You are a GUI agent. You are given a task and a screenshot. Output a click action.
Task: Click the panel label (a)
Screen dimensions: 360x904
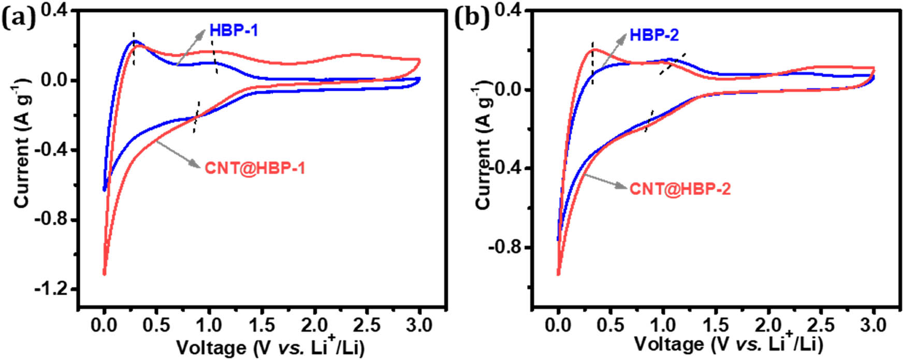coord(18,19)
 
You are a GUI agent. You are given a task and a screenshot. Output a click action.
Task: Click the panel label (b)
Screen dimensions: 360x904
coord(471,19)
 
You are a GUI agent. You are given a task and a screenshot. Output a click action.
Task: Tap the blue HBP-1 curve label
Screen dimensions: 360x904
coord(234,30)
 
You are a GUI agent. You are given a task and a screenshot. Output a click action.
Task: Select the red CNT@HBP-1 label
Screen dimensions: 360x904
coord(255,168)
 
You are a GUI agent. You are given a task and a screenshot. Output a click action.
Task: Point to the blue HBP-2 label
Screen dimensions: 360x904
coord(654,35)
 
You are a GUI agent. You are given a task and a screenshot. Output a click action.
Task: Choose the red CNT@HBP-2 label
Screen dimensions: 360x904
coord(680,189)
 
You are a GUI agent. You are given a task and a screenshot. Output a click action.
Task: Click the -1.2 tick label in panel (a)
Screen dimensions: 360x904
coord(52,289)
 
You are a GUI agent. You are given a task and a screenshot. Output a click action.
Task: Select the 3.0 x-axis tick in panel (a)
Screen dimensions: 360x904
coord(419,325)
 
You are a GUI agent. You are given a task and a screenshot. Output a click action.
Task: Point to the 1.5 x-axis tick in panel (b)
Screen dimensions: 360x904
coord(716,325)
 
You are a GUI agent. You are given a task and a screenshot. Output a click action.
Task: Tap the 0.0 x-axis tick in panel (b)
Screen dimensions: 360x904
coord(558,325)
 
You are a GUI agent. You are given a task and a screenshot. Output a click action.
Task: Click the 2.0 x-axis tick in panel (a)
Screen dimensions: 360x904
coord(314,325)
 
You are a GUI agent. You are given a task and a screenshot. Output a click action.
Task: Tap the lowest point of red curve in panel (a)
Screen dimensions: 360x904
coord(104,273)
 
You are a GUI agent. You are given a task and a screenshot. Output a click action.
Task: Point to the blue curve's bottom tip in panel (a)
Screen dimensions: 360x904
coord(105,190)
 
